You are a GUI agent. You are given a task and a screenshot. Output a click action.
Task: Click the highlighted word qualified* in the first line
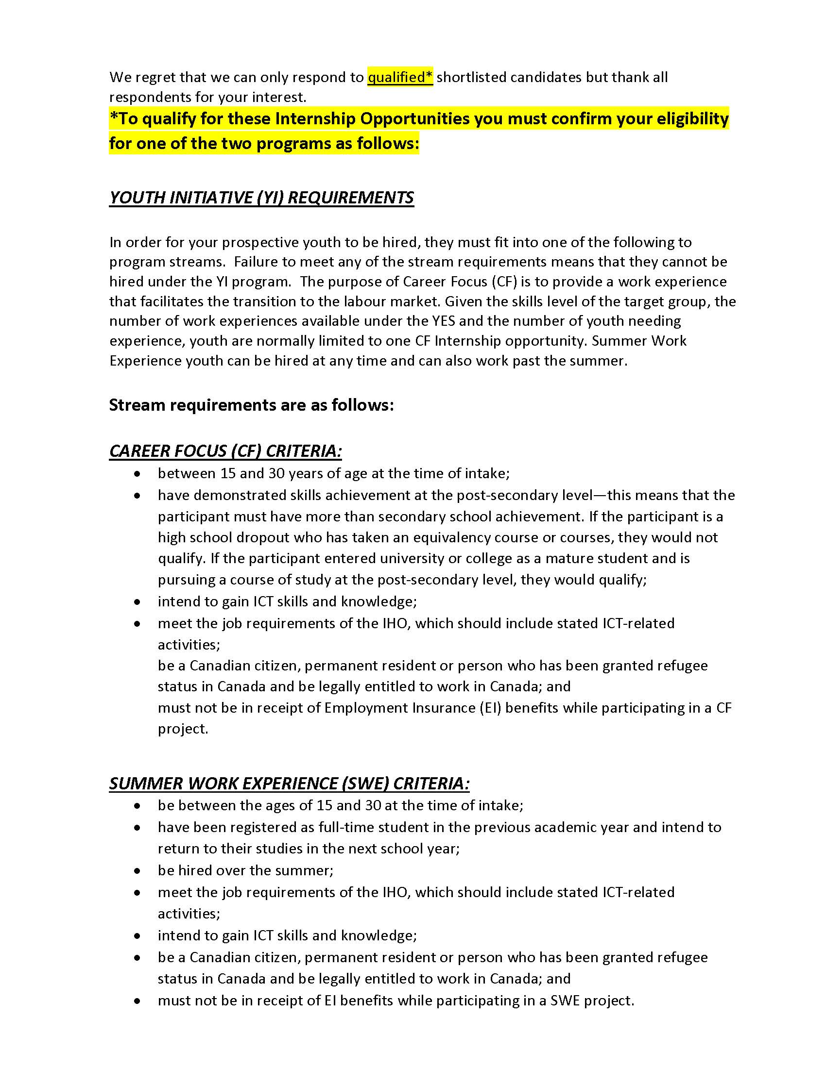point(400,77)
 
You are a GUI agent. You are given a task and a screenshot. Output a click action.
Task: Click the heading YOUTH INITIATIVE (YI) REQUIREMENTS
point(261,198)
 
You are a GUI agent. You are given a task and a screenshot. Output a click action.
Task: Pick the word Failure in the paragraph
point(256,262)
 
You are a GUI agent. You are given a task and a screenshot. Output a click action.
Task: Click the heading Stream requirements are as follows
point(251,405)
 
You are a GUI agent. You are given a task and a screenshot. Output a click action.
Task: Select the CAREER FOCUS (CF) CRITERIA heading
point(225,451)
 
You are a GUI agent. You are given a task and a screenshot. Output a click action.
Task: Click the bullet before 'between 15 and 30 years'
point(138,474)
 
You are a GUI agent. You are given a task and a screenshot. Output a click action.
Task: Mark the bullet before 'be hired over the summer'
point(138,871)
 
